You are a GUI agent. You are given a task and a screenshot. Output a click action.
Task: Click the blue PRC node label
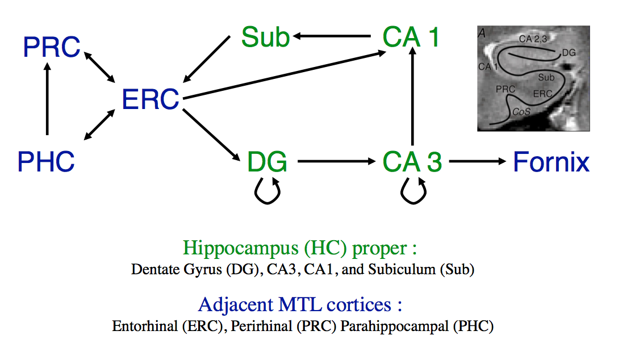[52, 47]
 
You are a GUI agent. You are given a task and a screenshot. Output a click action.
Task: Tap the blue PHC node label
[46, 162]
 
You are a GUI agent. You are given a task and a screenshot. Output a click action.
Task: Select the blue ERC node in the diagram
[151, 99]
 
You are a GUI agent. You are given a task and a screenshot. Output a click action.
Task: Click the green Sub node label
[265, 37]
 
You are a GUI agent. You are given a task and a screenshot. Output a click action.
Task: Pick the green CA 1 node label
[411, 37]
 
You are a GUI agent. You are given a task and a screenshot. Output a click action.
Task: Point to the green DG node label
[267, 162]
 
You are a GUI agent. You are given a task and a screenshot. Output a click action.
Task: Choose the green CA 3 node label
[412, 162]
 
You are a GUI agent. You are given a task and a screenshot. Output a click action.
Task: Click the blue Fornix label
[551, 162]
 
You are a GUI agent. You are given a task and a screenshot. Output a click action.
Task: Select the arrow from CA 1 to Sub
[332, 36]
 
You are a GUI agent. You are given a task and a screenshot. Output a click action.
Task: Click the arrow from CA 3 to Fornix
[478, 161]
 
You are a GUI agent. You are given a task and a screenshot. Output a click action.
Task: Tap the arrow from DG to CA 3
[337, 161]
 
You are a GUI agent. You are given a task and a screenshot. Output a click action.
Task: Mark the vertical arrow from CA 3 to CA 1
[412, 96]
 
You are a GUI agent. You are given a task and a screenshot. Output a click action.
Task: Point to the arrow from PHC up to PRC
[47, 99]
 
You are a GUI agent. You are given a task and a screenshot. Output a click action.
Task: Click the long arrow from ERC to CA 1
[285, 75]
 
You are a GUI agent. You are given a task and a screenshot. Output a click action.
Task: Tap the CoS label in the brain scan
[521, 111]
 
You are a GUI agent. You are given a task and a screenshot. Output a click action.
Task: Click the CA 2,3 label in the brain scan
[533, 39]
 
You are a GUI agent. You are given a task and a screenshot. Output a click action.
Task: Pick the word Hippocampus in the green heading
[241, 248]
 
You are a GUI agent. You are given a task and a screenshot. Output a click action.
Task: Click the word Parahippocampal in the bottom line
[394, 326]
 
